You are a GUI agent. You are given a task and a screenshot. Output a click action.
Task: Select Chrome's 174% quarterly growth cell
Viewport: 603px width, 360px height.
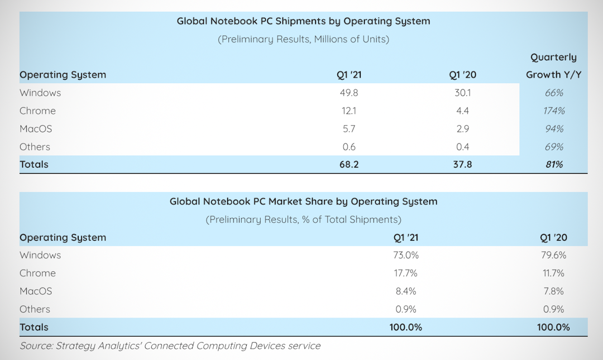click(554, 111)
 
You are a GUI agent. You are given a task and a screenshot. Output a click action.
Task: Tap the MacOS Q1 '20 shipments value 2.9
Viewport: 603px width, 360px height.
click(462, 128)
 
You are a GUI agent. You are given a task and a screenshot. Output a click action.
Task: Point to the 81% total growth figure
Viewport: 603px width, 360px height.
click(554, 164)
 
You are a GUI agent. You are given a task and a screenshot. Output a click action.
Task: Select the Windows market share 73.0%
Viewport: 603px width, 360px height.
click(406, 255)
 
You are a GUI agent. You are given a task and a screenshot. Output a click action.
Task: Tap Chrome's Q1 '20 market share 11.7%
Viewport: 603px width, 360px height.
click(553, 273)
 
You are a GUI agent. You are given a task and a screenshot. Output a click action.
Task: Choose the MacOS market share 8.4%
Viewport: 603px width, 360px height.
click(406, 291)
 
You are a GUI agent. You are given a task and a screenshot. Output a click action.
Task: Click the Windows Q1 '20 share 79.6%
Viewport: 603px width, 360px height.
click(553, 255)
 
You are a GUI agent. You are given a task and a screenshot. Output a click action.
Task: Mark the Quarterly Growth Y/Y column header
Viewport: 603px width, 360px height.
click(553, 66)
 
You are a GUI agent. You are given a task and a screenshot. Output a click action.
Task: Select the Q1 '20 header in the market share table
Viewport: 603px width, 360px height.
click(553, 237)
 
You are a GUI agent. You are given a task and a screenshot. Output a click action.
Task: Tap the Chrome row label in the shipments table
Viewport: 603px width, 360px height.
click(37, 111)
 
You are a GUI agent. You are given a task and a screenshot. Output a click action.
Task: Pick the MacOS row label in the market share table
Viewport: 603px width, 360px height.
click(36, 291)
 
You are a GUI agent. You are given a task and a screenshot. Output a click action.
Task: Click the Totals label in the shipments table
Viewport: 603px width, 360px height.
click(34, 164)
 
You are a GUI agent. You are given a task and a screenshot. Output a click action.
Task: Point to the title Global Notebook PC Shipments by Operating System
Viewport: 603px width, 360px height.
click(303, 21)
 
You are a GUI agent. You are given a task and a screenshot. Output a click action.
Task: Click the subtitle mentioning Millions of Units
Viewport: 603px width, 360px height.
click(303, 39)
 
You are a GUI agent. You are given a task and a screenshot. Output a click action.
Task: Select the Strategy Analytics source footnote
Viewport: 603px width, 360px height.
click(170, 345)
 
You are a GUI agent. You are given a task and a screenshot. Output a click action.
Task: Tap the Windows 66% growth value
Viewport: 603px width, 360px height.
click(554, 93)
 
